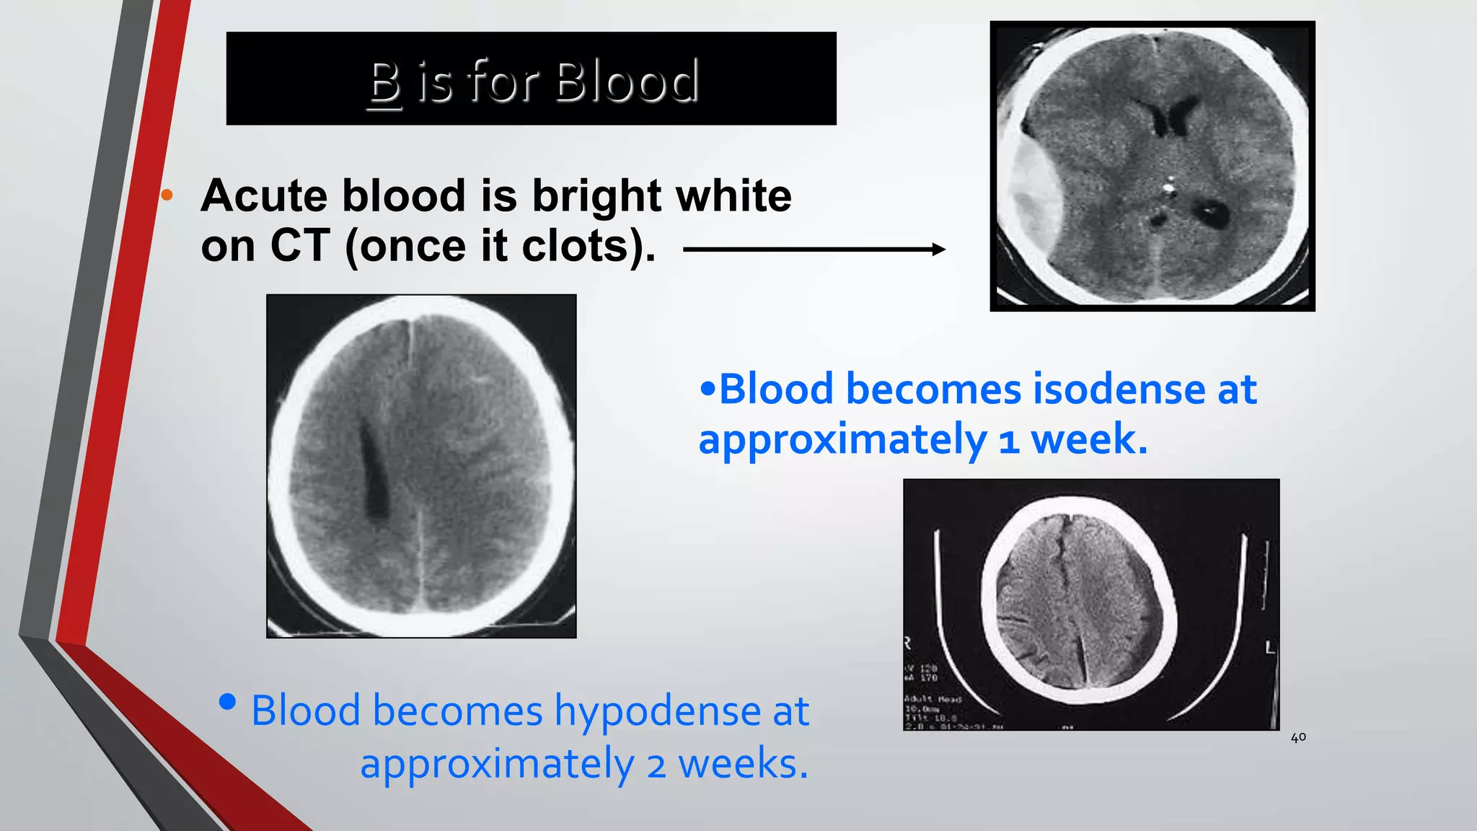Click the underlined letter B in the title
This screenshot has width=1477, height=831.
coord(384,82)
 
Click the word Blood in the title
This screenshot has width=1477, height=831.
coord(627,81)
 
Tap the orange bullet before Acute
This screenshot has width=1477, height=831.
coord(167,195)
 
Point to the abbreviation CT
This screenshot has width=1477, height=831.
coord(300,246)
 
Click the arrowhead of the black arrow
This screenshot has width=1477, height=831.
coord(938,250)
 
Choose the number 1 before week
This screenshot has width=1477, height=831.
coord(1008,441)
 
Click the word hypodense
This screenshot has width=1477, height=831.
coord(657,711)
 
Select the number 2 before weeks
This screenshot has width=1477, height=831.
coord(656,765)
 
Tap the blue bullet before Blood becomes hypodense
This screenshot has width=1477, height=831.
coord(227,702)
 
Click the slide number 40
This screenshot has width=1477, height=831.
coord(1298,738)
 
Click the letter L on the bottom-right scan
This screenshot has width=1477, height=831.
coord(1270,648)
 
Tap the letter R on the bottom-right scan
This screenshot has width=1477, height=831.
coord(908,642)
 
